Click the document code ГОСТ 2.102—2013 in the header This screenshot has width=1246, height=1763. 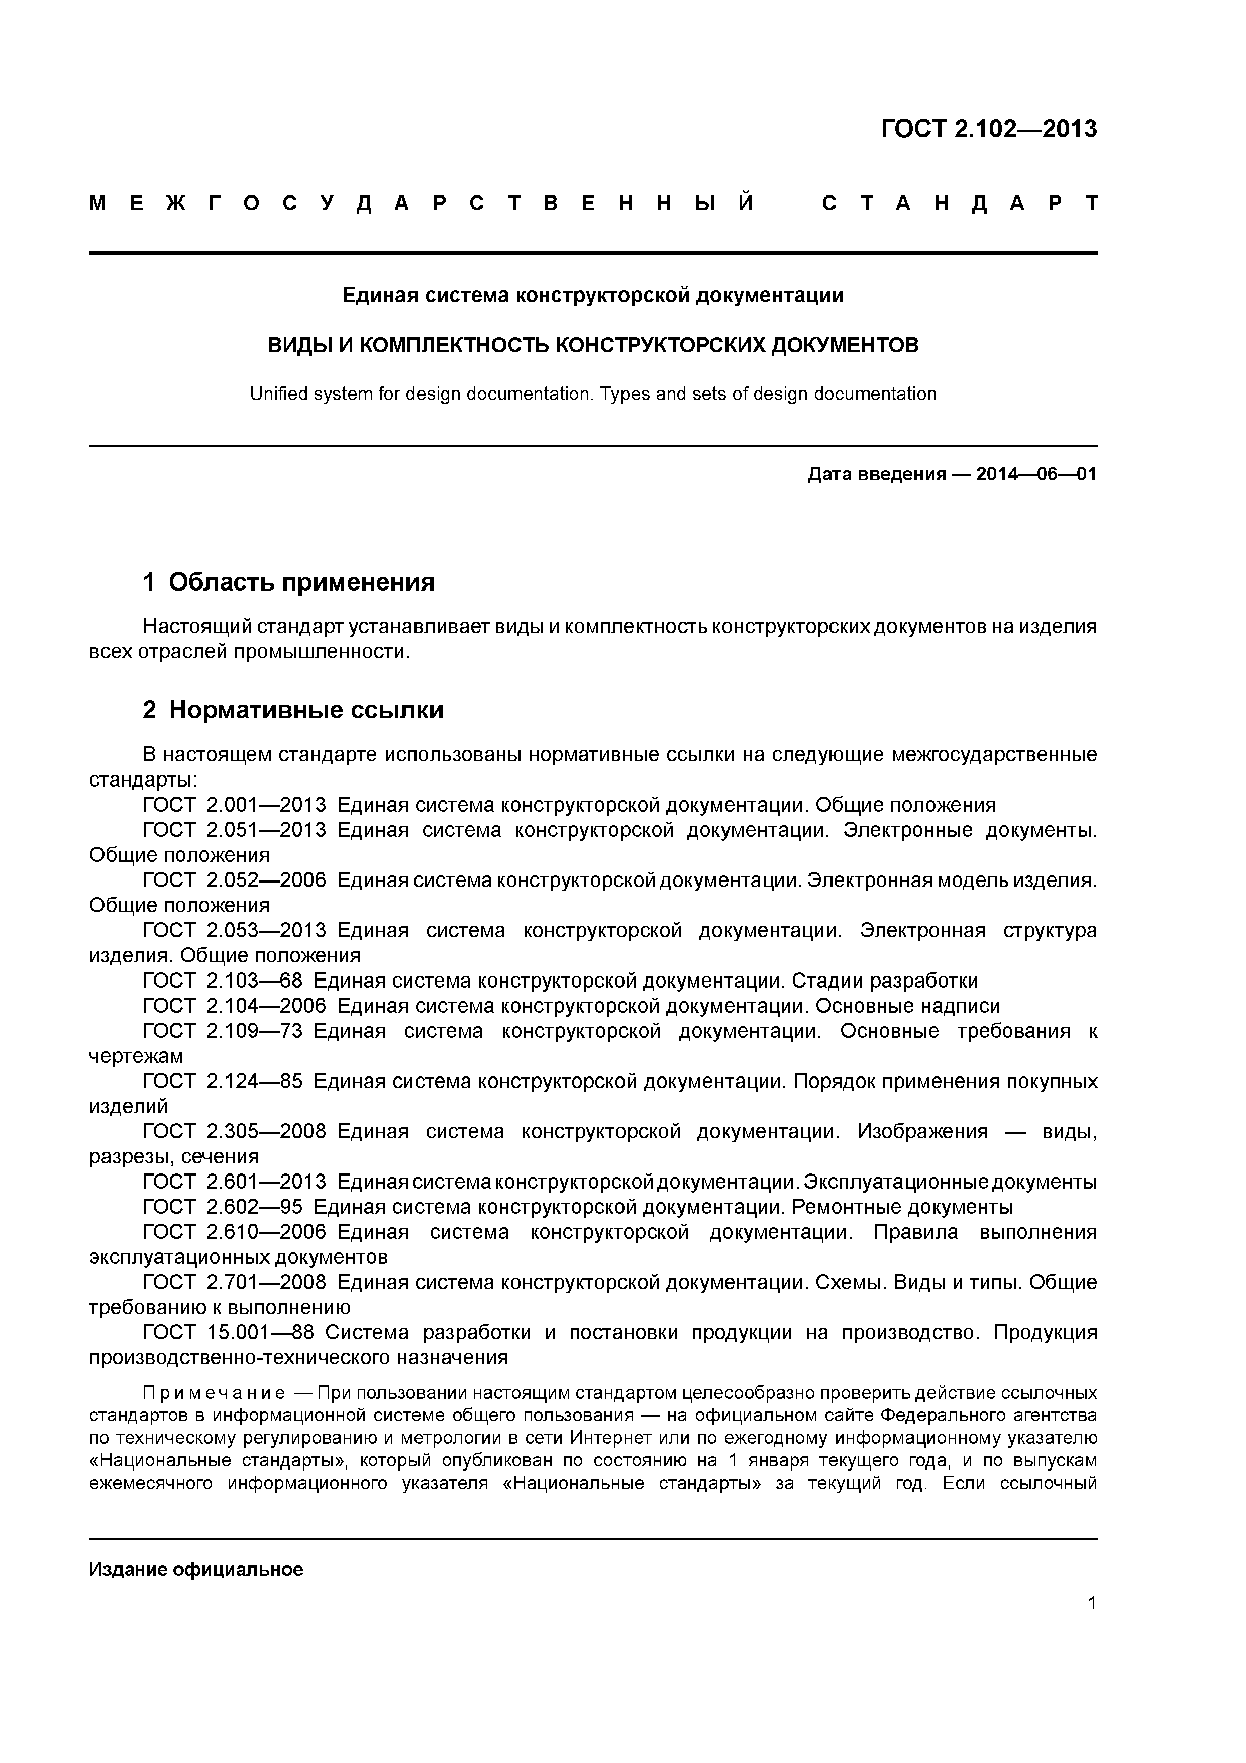click(x=989, y=129)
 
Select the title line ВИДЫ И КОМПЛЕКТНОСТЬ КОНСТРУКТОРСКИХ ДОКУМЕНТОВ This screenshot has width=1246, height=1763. click(x=593, y=346)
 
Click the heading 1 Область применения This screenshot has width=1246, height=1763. click(x=289, y=582)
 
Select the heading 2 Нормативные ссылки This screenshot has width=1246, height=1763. click(x=293, y=710)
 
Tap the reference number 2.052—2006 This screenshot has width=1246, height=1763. click(x=266, y=880)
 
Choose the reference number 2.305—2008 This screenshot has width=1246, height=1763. click(x=266, y=1131)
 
